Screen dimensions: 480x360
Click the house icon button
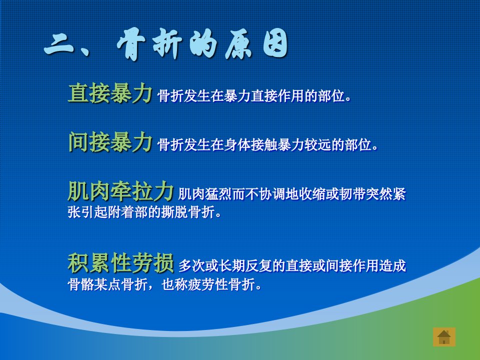(444, 337)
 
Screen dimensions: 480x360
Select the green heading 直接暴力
(110, 93)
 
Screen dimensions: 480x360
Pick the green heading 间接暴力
(110, 141)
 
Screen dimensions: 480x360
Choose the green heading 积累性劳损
(120, 262)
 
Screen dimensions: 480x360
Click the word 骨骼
(81, 284)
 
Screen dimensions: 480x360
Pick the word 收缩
(312, 194)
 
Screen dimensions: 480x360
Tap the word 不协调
(265, 194)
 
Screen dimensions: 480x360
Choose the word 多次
(192, 265)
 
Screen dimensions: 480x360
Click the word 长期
(232, 265)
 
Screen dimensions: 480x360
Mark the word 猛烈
(218, 194)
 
